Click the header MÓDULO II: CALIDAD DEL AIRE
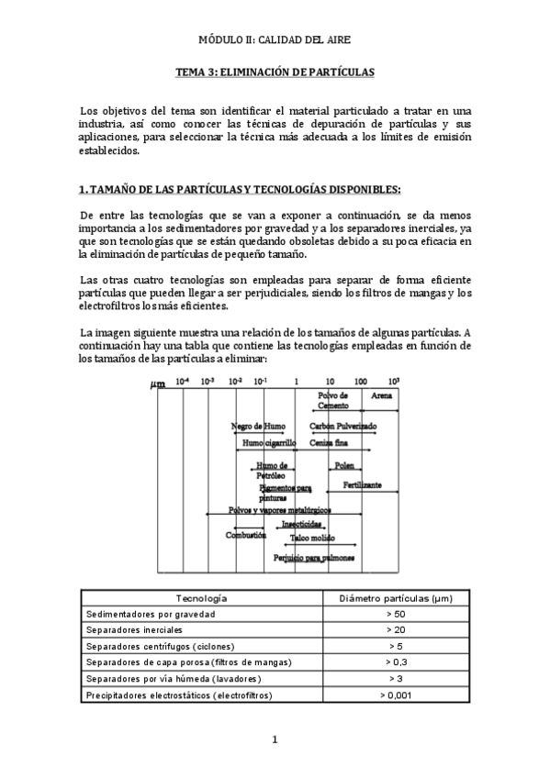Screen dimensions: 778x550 pos(275,40)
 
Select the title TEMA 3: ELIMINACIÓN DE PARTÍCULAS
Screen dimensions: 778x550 pos(275,71)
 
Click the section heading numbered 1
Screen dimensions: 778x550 pos(240,189)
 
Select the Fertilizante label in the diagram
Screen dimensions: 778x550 pos(363,484)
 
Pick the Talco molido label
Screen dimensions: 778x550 pos(312,538)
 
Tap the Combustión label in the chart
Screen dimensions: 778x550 pos(246,533)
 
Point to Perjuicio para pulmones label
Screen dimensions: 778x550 pos(314,557)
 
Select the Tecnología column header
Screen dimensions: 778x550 pos(201,597)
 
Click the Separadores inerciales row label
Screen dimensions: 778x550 pos(134,630)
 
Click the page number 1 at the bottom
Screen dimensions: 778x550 pos(275,739)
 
